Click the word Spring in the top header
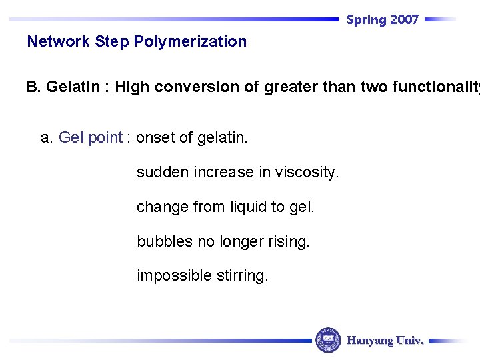pos(367,20)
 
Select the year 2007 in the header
pos(405,20)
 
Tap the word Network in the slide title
pos(59,41)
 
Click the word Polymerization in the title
pos(190,41)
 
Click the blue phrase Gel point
pos(91,138)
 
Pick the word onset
pos(155,138)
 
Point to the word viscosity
pos(307,173)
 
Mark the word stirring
pos(241,276)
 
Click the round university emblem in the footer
pos(328,340)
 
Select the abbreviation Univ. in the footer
pos(409,341)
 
